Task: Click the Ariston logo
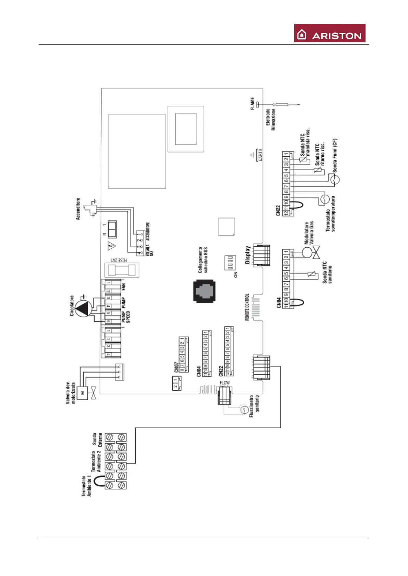pyautogui.click(x=330, y=33)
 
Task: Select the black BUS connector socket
pyautogui.click(x=205, y=291)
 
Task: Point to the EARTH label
pyautogui.click(x=260, y=155)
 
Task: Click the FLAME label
pyautogui.click(x=252, y=103)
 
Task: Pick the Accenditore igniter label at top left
pyautogui.click(x=78, y=209)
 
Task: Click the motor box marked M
pyautogui.click(x=82, y=393)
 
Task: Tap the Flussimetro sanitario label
pyautogui.click(x=254, y=406)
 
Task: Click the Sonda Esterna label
pyautogui.click(x=97, y=440)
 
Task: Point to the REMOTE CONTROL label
pyautogui.click(x=247, y=307)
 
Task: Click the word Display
pyautogui.click(x=248, y=255)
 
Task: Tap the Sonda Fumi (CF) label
pyautogui.click(x=335, y=155)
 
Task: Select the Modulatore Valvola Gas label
pyautogui.click(x=309, y=233)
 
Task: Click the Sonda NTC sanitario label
pyautogui.click(x=327, y=272)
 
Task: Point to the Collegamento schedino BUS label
pyautogui.click(x=203, y=260)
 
